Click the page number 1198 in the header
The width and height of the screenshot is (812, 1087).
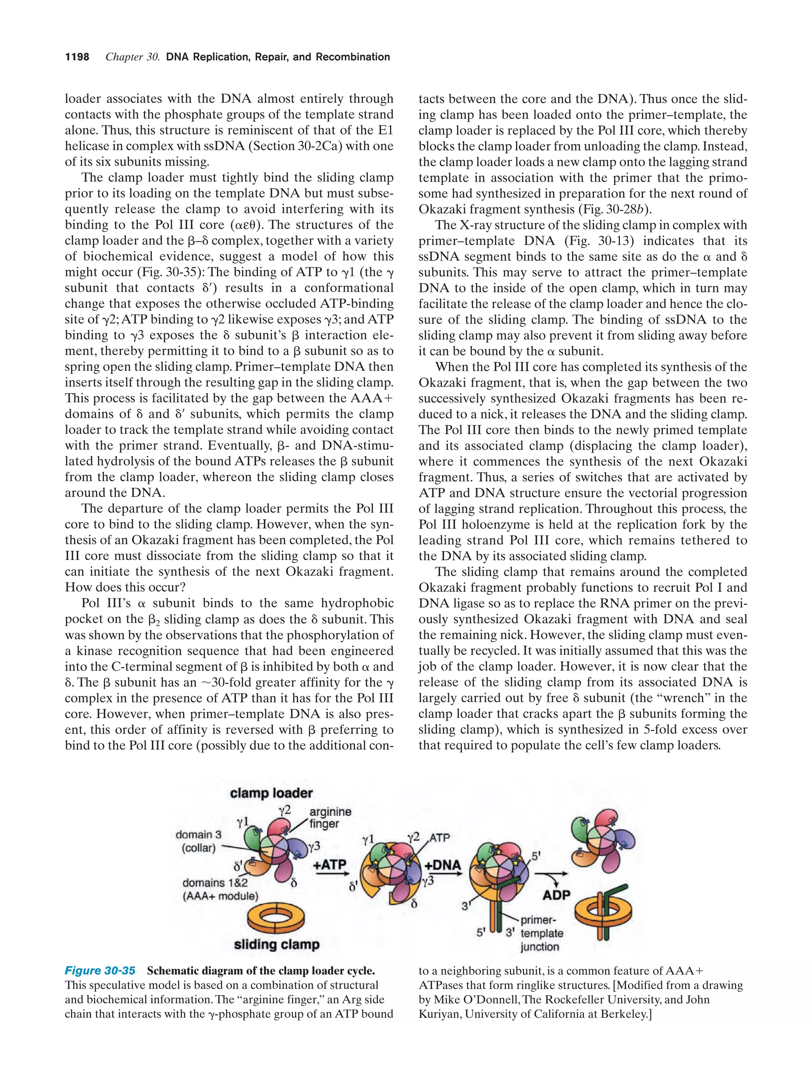(77, 57)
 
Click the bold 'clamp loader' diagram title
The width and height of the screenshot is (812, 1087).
(271, 793)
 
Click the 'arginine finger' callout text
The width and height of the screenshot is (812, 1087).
(329, 818)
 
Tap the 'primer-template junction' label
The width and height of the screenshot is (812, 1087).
(541, 933)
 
